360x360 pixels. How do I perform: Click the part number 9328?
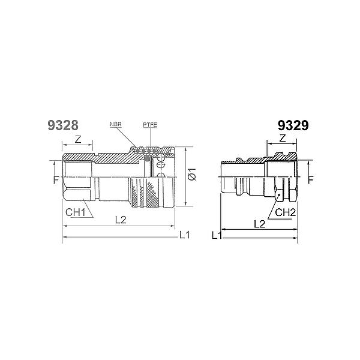(x=63, y=125)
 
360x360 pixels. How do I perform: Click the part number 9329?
(x=293, y=125)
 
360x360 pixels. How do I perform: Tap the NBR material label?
(x=116, y=124)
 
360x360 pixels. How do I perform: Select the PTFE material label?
(x=150, y=125)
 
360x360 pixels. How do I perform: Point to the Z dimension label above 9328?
(x=78, y=139)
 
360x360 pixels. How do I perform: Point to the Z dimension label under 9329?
(x=283, y=139)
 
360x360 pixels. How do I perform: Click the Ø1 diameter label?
(x=193, y=174)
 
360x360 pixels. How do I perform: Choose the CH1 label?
(x=76, y=212)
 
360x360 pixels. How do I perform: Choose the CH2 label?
(x=285, y=212)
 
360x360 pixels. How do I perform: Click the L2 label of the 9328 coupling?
(x=121, y=220)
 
